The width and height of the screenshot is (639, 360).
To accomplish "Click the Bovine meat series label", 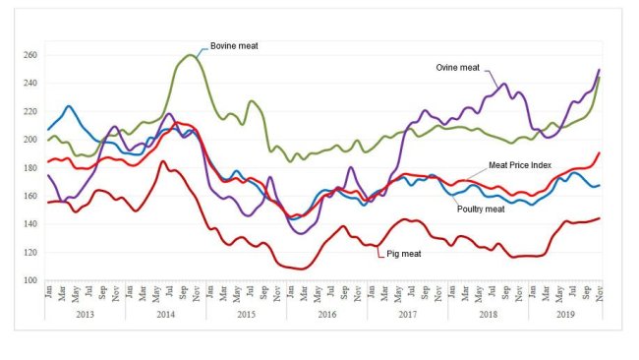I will (x=233, y=45).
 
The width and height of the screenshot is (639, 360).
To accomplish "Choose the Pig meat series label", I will (x=404, y=255).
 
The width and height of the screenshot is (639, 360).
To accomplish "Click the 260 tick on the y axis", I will (x=29, y=55).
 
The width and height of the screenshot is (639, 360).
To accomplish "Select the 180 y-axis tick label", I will (x=29, y=168).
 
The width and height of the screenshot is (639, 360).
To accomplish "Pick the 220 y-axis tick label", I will (x=29, y=111).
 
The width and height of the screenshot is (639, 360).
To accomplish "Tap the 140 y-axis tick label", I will (x=29, y=224).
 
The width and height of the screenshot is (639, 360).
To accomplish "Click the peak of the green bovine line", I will (x=189, y=55).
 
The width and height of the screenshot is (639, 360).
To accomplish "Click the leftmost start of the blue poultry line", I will (x=47, y=130).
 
